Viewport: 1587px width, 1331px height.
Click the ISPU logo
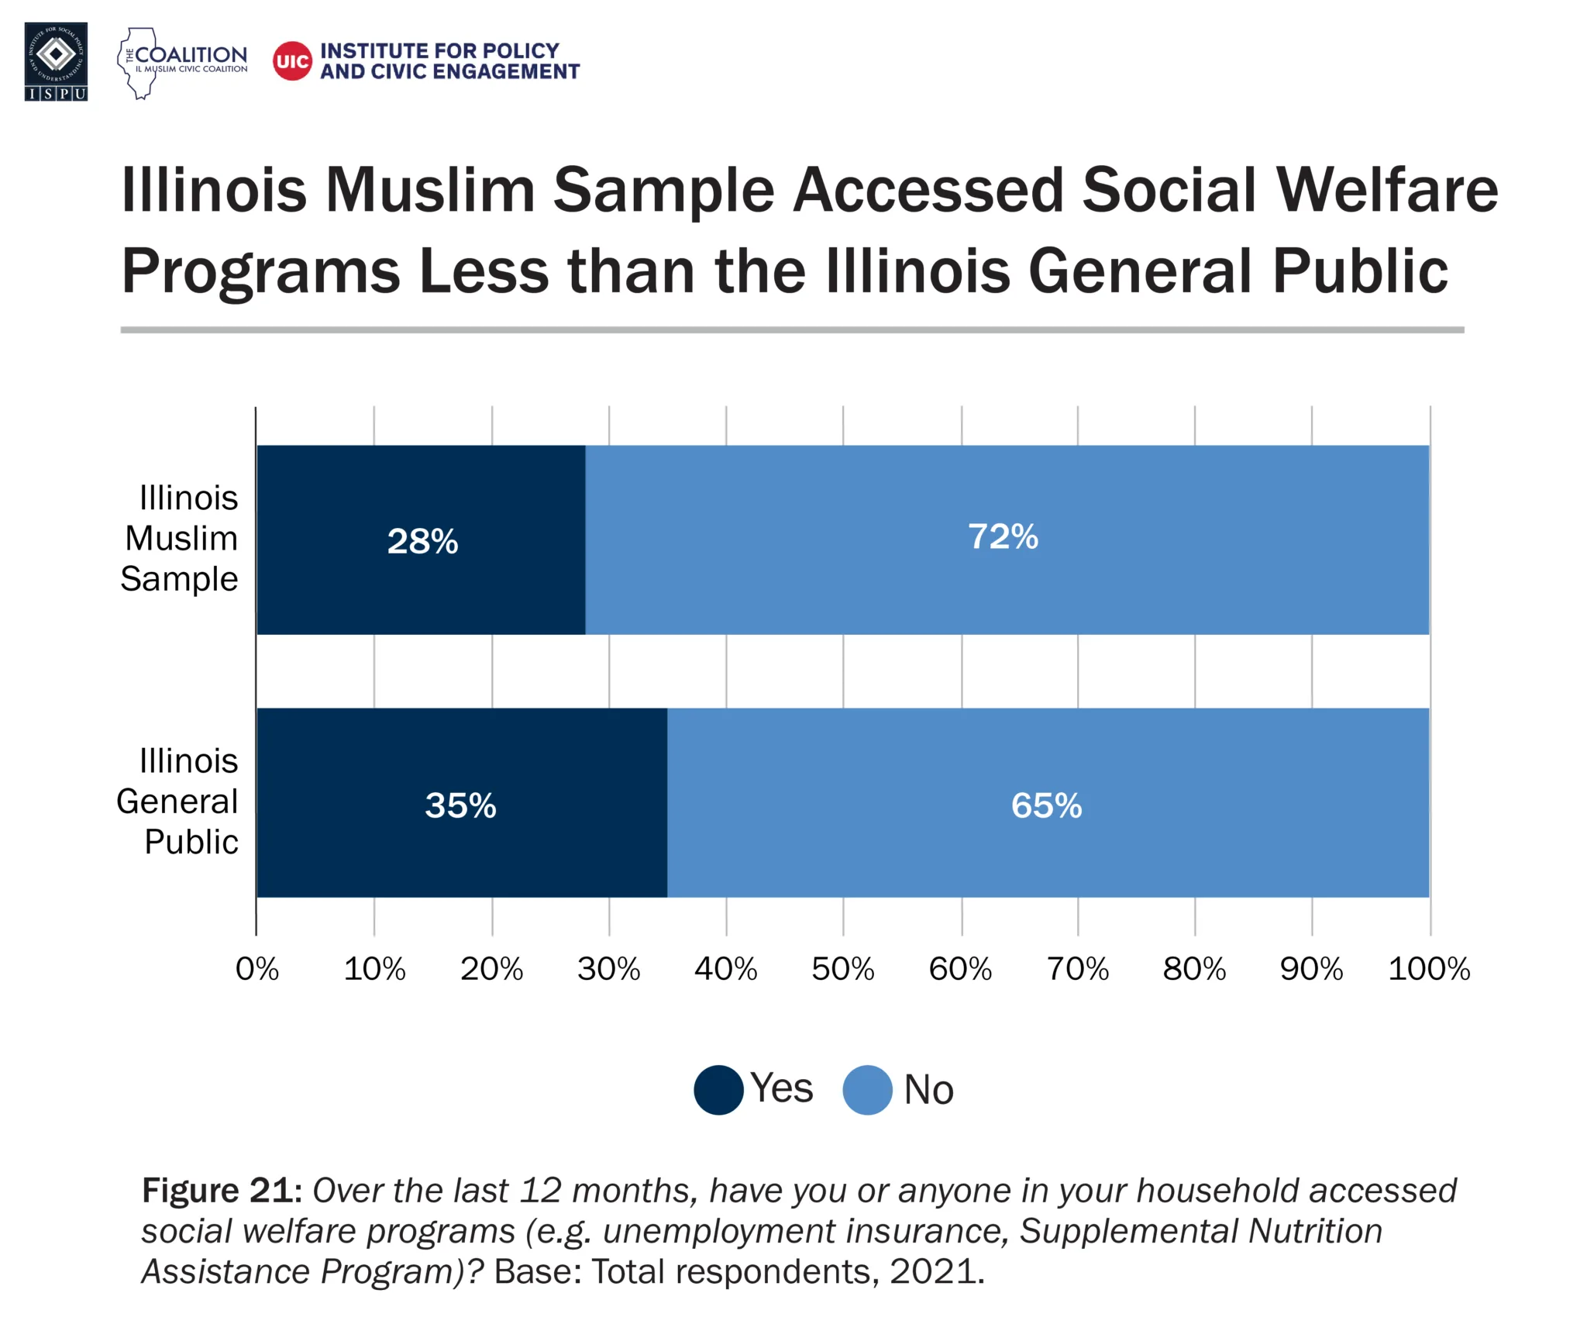point(56,61)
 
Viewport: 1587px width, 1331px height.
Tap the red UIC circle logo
point(292,60)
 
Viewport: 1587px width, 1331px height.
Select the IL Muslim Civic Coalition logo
point(182,62)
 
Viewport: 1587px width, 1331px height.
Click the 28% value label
point(422,541)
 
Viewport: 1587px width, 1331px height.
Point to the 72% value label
point(1003,536)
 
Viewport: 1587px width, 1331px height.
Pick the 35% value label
point(460,805)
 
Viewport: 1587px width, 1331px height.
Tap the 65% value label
point(1046,805)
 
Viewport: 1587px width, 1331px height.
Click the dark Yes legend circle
point(718,1090)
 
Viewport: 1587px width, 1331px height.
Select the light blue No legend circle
point(867,1090)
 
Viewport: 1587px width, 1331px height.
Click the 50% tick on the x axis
point(842,969)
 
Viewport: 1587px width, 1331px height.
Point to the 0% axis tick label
point(257,969)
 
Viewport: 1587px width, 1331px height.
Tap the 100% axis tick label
point(1428,969)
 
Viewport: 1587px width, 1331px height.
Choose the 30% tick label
point(608,969)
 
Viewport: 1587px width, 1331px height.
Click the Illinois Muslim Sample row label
point(181,538)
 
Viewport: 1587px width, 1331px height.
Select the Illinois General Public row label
point(178,802)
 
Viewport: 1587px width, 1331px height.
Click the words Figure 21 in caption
point(221,1190)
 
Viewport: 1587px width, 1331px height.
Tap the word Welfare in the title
point(1387,190)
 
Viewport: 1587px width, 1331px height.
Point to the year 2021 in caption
point(936,1272)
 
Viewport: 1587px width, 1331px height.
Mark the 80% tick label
point(1193,969)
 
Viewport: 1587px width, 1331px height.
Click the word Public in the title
point(1360,271)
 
